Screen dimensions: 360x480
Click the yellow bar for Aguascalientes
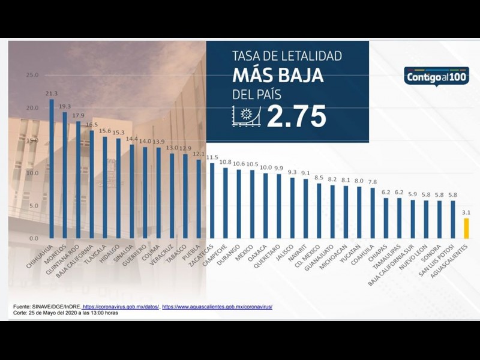(466, 228)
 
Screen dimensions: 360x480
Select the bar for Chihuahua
(52, 169)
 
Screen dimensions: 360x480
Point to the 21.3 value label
(52, 94)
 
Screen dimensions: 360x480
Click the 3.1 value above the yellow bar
(466, 212)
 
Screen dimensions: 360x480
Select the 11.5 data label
(212, 157)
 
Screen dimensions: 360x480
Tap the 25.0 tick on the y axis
(32, 75)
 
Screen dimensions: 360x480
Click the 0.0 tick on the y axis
(34, 238)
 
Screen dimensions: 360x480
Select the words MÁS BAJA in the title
(278, 76)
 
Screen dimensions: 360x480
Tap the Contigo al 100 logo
(436, 77)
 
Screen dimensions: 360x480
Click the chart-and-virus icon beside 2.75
(245, 116)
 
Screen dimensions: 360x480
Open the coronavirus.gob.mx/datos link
(121, 307)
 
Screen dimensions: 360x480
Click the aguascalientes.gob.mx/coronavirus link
(217, 307)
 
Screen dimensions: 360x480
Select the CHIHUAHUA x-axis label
(41, 254)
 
